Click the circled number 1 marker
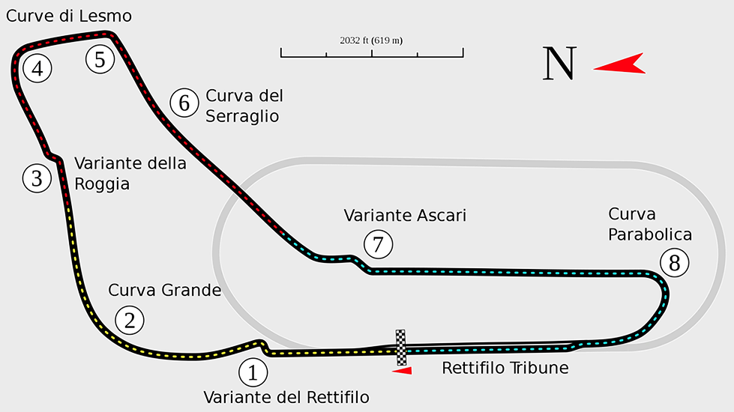253,372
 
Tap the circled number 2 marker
129,321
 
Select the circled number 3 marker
37,178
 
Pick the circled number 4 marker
37,70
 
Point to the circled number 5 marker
100,58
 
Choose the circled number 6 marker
184,103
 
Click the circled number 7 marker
377,244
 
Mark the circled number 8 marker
674,263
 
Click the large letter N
560,64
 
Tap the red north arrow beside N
621,64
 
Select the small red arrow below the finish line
402,369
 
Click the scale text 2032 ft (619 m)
371,40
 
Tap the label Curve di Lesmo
68,16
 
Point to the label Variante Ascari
405,216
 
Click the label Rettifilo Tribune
505,369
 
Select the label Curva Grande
165,290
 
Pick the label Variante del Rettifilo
286,397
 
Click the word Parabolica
650,234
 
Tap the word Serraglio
242,116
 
